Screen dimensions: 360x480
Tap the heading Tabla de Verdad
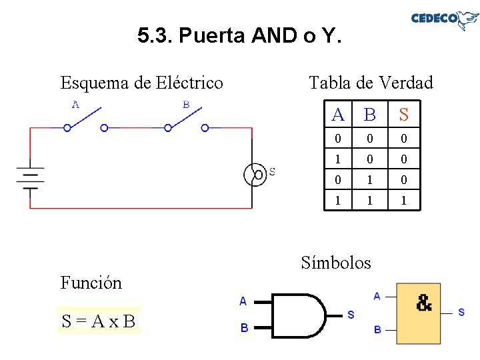pos(371,83)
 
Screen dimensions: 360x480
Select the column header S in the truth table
pos(403,115)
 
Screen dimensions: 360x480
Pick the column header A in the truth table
pos(338,115)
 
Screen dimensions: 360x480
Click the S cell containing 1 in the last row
pos(403,200)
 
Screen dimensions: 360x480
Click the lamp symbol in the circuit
pos(255,174)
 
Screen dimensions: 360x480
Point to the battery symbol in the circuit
pos(30,177)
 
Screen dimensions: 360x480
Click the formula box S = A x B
pos(99,321)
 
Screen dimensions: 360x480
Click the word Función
pos(91,283)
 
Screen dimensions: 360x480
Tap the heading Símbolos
pos(335,262)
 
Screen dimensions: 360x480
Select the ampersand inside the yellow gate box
pos(424,303)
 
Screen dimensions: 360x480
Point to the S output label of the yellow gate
pos(461,312)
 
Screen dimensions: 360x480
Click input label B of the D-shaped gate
pos(244,327)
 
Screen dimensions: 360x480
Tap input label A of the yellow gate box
pos(377,296)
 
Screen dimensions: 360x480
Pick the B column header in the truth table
pos(370,115)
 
